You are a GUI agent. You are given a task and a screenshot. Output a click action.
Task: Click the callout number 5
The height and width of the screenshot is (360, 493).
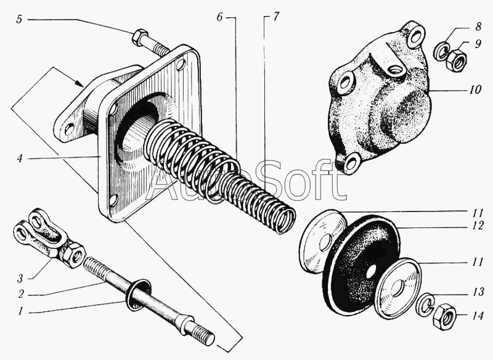[x=19, y=20]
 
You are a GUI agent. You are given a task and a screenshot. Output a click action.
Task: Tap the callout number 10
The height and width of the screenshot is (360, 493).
[x=475, y=89]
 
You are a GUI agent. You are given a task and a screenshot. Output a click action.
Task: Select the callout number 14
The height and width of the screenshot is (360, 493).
[x=477, y=316]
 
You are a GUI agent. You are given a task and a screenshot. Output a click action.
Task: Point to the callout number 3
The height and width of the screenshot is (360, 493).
[x=20, y=278]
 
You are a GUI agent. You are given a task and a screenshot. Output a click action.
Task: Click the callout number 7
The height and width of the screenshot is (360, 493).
[x=275, y=17]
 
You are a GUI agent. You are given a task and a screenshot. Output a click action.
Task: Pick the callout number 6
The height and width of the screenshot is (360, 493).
[x=219, y=17]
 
